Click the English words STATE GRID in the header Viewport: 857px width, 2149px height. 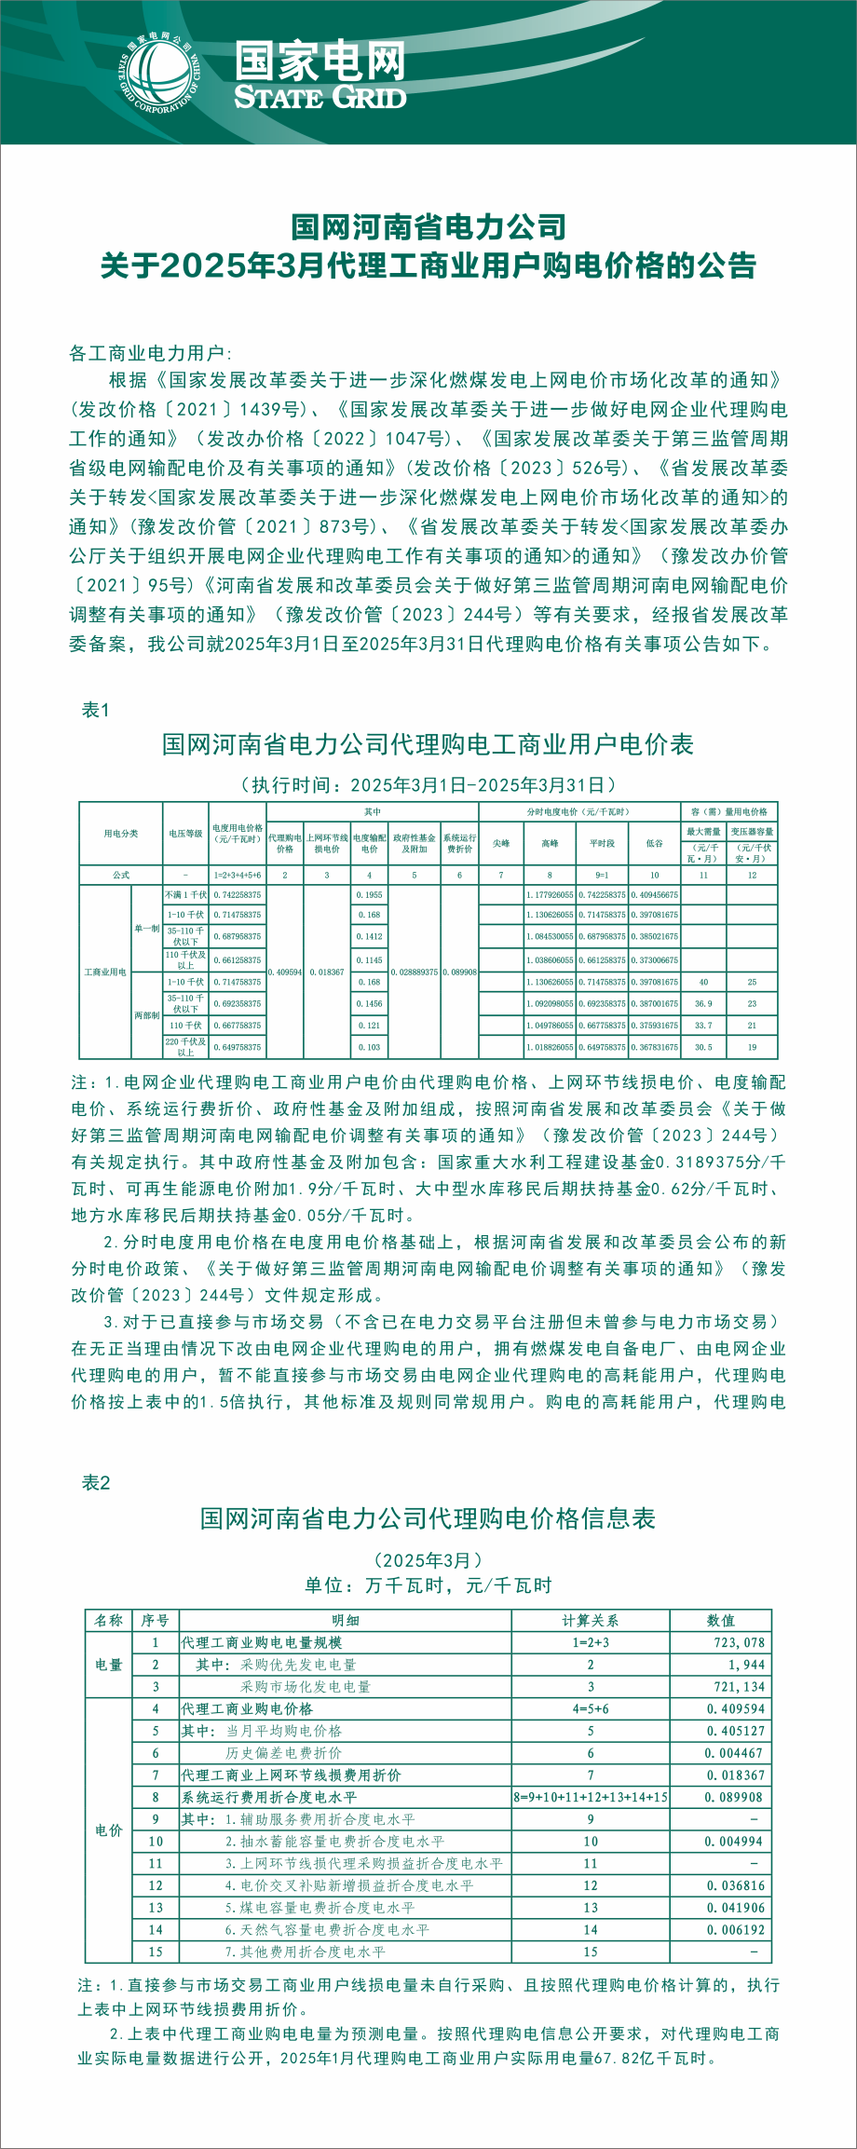[x=320, y=98]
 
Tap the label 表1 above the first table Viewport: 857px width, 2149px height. [x=96, y=710]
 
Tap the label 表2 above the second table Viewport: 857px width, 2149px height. [x=96, y=1482]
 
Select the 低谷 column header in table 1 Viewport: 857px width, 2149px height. [x=655, y=843]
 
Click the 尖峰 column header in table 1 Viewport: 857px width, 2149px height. [x=501, y=843]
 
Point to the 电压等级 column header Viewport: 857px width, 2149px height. [x=185, y=833]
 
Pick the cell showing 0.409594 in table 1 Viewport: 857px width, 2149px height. [x=285, y=972]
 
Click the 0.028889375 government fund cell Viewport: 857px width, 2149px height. [x=415, y=972]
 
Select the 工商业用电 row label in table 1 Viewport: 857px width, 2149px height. [x=105, y=972]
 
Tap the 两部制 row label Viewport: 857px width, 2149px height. [x=146, y=1015]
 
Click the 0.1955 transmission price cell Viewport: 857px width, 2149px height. [x=369, y=894]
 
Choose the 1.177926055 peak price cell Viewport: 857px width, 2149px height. [x=550, y=894]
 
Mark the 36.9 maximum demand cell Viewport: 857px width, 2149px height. [x=703, y=1004]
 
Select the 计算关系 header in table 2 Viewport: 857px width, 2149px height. [x=590, y=1620]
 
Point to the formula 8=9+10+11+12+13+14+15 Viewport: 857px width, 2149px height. [x=590, y=1797]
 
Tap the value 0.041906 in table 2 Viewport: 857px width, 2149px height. [x=735, y=1907]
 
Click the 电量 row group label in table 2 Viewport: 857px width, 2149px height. [x=109, y=1665]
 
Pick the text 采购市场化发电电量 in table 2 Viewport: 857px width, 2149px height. [x=305, y=1686]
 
